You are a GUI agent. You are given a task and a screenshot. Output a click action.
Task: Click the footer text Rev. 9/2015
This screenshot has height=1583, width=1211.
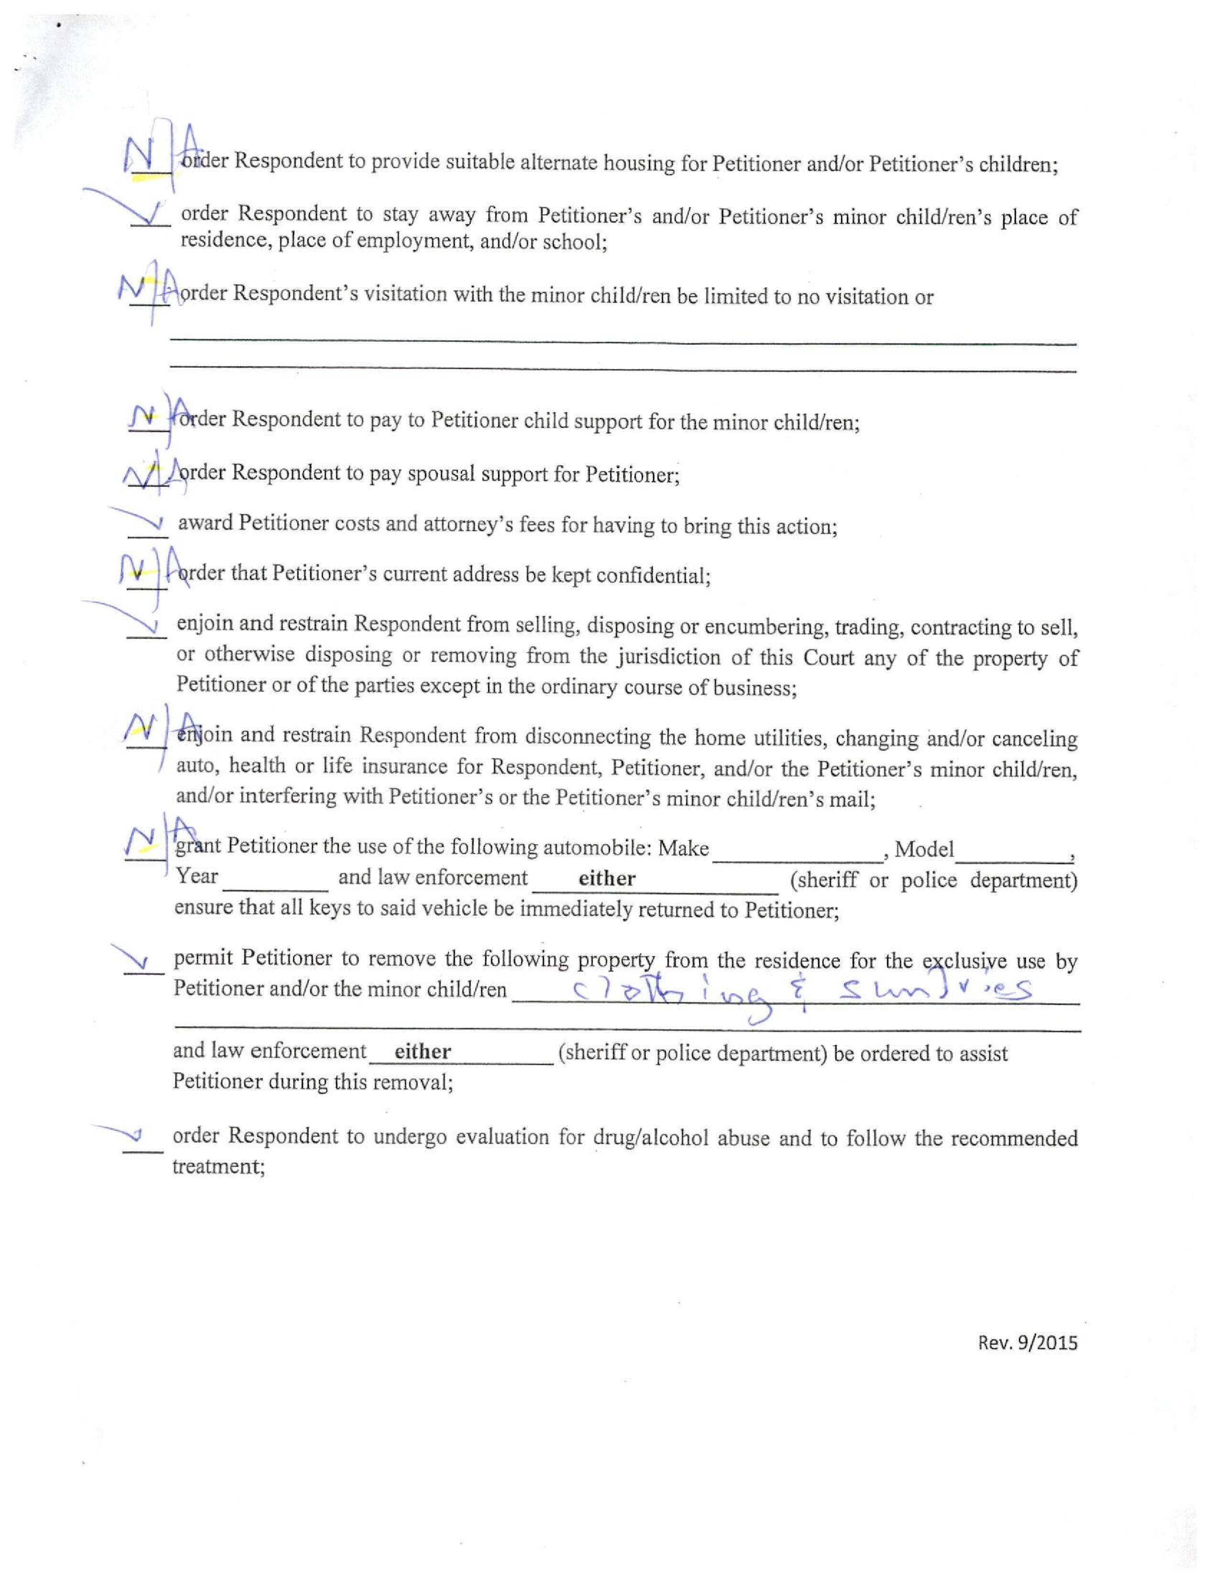1027,1342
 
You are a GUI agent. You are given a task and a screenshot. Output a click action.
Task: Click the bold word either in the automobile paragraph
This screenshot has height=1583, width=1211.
607,878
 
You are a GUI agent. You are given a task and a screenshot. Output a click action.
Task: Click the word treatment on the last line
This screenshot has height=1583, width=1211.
219,1166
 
